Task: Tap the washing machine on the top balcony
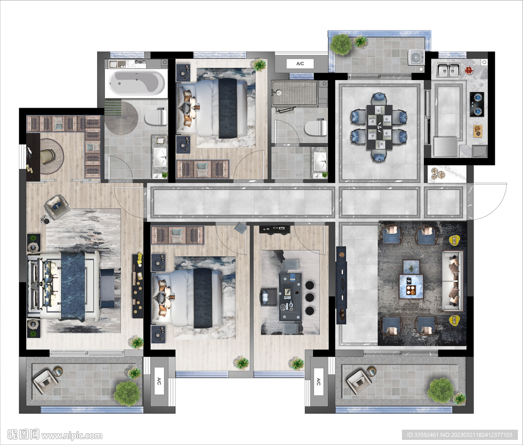coord(416,57)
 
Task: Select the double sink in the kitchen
coord(448,69)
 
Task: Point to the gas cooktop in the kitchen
coord(478,104)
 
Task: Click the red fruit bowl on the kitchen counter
coord(469,70)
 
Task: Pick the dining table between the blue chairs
coord(379,128)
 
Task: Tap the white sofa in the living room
coord(453,281)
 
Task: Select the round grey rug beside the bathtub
coord(121,118)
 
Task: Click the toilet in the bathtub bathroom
coord(156,117)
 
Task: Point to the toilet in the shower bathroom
coord(316,128)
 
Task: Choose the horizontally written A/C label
coord(300,64)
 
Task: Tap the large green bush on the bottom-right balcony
coord(440,390)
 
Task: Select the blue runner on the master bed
coord(73,286)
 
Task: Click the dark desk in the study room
coord(290,296)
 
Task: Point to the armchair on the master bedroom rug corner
coord(57,207)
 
